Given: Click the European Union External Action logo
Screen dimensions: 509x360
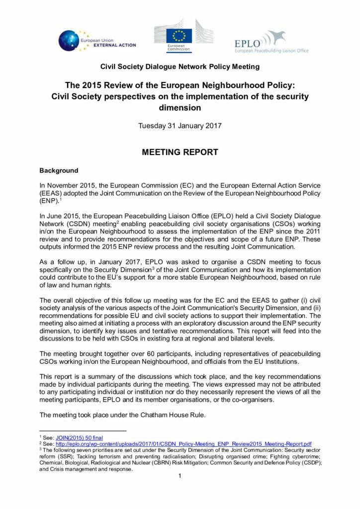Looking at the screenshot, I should pyautogui.click(x=97, y=40).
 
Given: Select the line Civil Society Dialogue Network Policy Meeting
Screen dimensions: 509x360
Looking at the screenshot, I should pyautogui.click(x=180, y=66).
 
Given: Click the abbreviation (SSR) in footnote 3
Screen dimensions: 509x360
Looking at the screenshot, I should pyautogui.click(x=66, y=456).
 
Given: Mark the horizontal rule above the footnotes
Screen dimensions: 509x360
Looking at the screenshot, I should pyautogui.click(x=83, y=430).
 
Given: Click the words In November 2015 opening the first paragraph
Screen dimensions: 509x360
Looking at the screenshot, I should pyautogui.click(x=66, y=185).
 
